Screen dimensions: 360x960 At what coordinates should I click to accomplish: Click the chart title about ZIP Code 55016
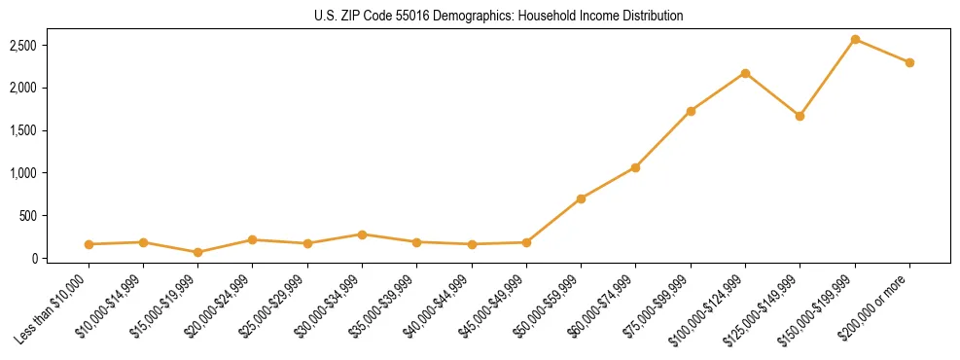499,16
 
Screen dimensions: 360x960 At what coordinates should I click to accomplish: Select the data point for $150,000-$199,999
855,39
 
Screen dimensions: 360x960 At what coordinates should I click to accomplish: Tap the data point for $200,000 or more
909,62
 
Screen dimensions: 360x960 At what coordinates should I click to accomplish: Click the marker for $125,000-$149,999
800,116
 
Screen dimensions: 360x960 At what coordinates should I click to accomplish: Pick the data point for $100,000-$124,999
745,73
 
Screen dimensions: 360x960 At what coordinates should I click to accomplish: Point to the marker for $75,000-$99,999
691,111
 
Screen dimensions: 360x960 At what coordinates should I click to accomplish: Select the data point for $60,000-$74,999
635,167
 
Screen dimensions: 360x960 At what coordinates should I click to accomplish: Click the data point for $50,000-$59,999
581,198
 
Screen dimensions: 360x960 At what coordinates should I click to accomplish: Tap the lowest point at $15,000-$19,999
197,252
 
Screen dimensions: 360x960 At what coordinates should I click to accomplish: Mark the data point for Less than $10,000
89,244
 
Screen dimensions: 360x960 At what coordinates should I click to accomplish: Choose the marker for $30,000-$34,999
362,234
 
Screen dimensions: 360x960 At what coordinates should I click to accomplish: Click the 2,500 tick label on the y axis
49,46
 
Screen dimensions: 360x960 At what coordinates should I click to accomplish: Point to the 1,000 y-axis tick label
49,173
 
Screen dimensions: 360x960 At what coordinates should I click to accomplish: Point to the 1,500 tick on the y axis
49,130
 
